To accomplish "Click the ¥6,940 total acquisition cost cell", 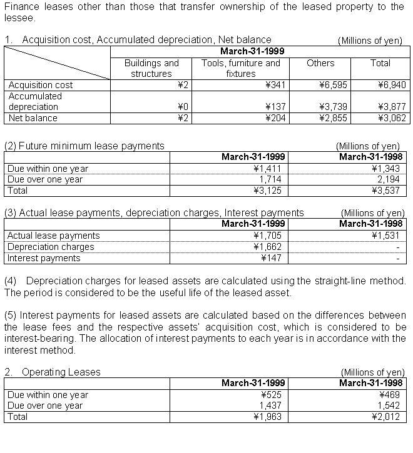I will [x=390, y=85].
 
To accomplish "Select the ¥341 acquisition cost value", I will [x=275, y=85].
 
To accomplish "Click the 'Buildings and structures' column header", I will [x=151, y=68].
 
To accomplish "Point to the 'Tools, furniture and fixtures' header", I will [x=241, y=68].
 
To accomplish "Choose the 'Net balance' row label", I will [x=33, y=118].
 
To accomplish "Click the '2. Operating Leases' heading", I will [x=53, y=372].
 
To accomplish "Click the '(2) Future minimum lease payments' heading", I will [x=84, y=146].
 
